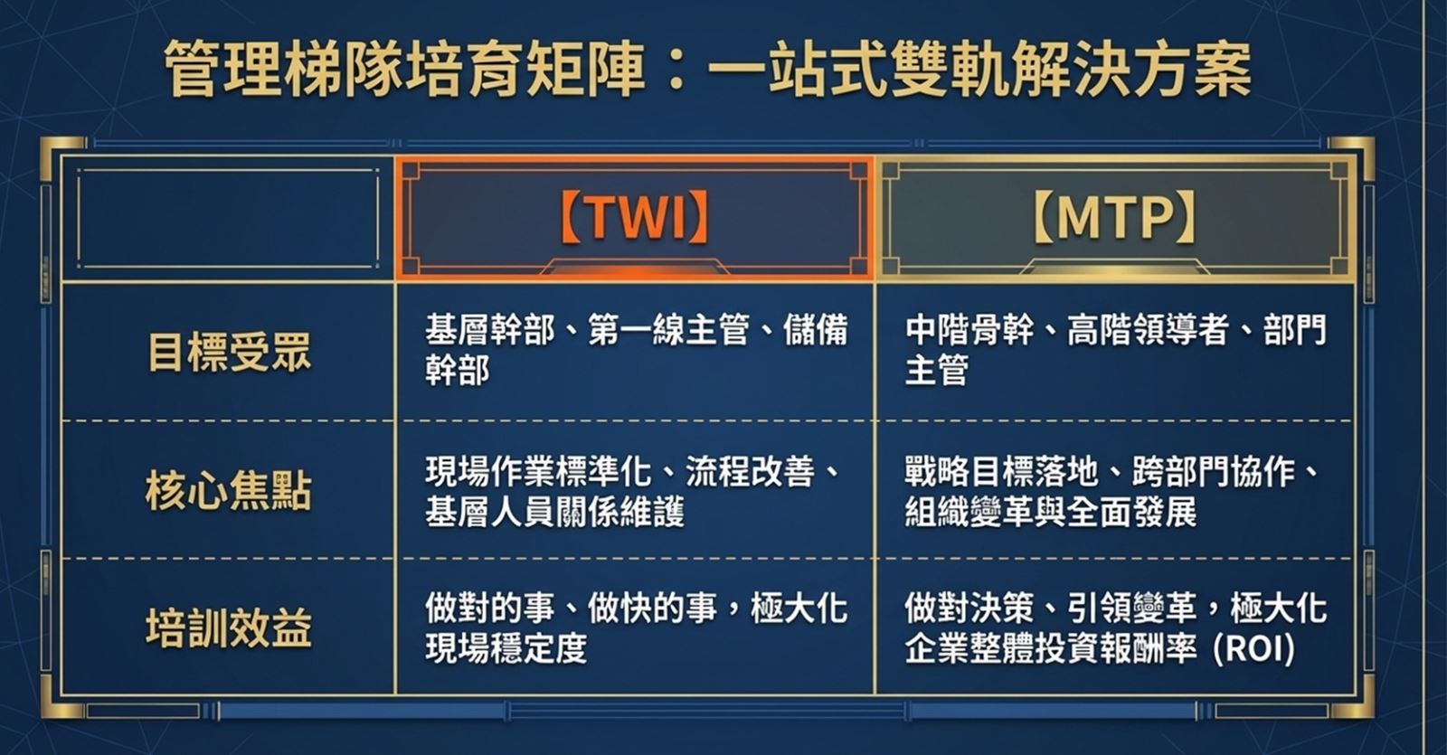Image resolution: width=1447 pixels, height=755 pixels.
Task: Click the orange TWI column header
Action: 634,218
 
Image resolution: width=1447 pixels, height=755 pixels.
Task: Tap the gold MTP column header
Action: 1116,218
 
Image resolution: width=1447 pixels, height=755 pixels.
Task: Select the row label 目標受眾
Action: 230,352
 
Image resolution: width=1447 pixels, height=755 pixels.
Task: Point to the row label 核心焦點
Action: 230,491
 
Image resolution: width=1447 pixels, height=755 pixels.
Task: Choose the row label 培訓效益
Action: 230,628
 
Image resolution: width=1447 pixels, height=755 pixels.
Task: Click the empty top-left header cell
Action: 228,218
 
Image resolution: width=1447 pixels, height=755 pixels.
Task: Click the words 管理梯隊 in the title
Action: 284,69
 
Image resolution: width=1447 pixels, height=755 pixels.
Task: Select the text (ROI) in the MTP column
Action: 1253,649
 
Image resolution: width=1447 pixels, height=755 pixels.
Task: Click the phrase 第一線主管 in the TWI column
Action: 668,330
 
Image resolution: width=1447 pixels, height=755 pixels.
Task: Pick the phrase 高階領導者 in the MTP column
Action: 1148,330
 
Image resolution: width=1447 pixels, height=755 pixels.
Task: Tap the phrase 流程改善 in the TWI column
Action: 750,471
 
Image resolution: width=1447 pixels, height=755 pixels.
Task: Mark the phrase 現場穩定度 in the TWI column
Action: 506,649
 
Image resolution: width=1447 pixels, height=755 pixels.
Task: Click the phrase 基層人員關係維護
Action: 555,512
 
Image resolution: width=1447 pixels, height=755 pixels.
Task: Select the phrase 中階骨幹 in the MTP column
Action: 969,330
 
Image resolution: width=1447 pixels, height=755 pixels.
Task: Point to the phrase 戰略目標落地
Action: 1002,471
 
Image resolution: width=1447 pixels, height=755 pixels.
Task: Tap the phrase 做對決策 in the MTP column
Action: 969,609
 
